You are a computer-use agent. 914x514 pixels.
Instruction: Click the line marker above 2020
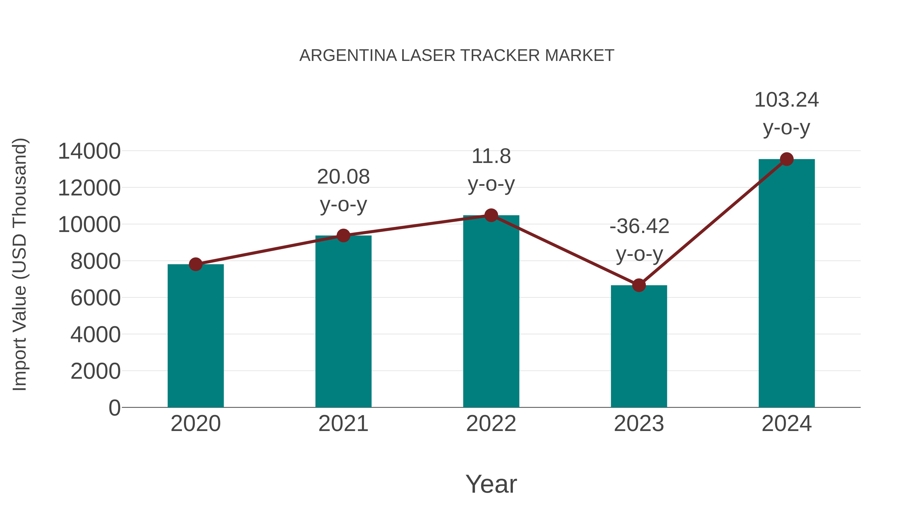[195, 264]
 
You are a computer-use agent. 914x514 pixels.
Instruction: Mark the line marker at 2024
[787, 159]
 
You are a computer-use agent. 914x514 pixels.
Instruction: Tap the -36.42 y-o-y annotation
[639, 240]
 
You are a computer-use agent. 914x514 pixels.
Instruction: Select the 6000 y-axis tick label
[95, 298]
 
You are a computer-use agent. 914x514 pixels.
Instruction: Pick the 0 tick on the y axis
[114, 408]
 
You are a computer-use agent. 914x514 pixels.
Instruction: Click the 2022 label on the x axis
[491, 424]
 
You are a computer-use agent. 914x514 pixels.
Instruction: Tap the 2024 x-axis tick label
[787, 424]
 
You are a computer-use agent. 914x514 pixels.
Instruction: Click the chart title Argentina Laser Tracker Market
[457, 55]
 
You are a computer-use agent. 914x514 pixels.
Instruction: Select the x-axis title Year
[491, 484]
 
